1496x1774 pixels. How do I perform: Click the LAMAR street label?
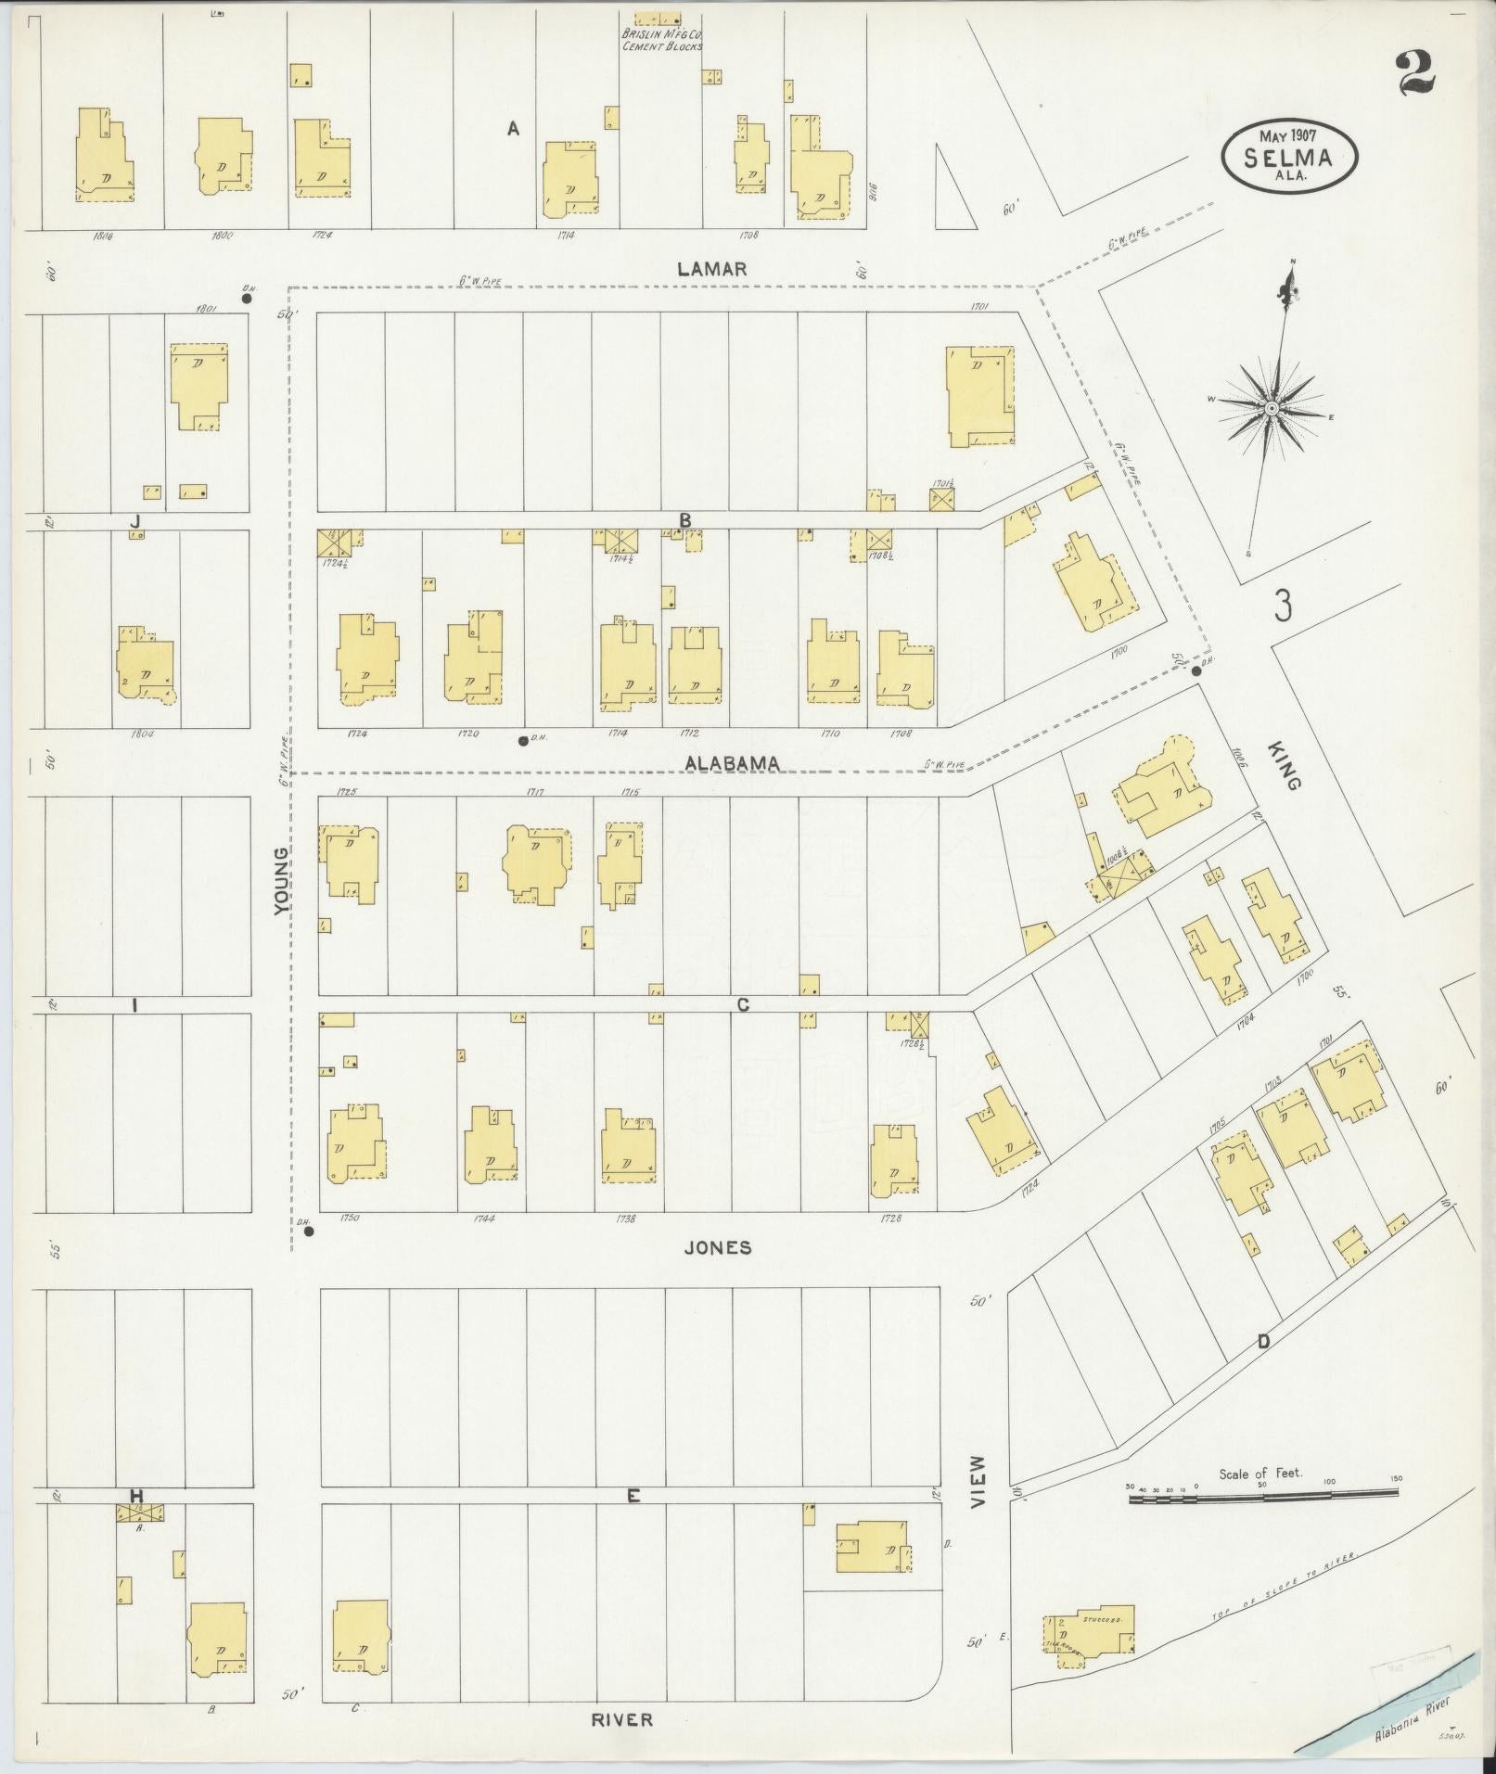[x=711, y=269]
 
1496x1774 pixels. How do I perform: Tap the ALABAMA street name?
[x=733, y=762]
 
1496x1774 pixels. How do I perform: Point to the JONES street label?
[x=717, y=1247]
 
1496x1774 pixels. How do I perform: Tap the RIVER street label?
[x=622, y=1719]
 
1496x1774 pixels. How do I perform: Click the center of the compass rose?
[x=1272, y=408]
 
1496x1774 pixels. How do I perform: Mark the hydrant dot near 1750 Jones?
[x=309, y=1232]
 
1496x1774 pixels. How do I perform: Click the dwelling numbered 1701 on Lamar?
[x=979, y=397]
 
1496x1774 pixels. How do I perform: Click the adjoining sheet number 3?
[x=1283, y=606]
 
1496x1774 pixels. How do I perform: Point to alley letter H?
[x=136, y=1495]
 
